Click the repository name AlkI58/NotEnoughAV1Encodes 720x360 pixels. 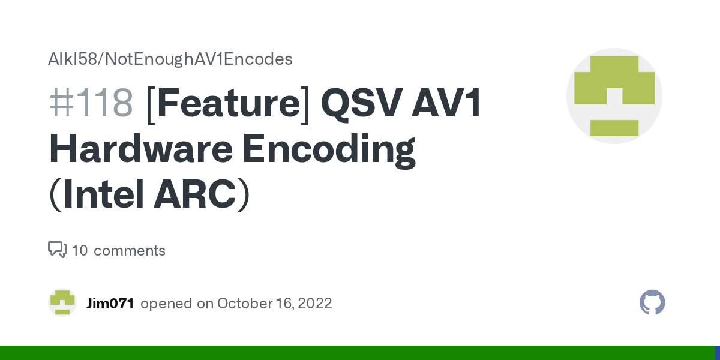click(x=170, y=59)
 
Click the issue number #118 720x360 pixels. click(x=91, y=103)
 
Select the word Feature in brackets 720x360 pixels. click(x=228, y=103)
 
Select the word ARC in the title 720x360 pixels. click(x=194, y=196)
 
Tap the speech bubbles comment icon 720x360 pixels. click(x=58, y=250)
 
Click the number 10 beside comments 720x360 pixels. click(x=80, y=250)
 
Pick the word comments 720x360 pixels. click(x=130, y=250)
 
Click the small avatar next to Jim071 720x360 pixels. click(x=62, y=302)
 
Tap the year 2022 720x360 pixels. click(x=313, y=303)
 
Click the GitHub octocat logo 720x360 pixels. click(x=652, y=302)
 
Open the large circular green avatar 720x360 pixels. click(x=614, y=96)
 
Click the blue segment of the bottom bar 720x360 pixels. click(x=717, y=353)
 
